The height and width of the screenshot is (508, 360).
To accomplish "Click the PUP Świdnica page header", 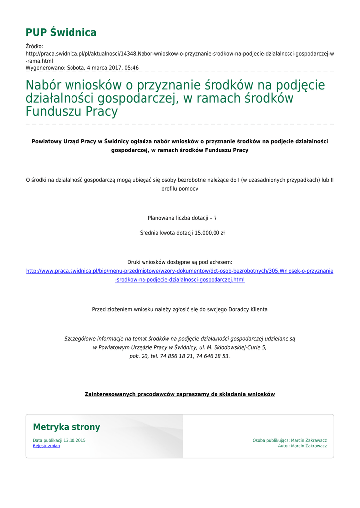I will tap(61, 33).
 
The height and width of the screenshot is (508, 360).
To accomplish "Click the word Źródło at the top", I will tap(34, 46).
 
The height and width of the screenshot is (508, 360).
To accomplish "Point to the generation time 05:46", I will tap(130, 68).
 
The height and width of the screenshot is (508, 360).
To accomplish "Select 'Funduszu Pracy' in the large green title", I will tap(72, 111).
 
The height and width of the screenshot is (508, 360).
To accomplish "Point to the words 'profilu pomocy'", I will tap(180, 189).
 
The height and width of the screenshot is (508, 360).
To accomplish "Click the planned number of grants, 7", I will tap(215, 218).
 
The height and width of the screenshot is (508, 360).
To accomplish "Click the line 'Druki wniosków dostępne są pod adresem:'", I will tap(180, 262).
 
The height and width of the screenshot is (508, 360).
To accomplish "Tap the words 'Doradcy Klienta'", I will tap(248, 309).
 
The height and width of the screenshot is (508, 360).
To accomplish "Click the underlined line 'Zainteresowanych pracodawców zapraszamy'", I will tap(180, 394).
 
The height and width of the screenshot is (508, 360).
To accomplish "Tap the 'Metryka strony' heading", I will tap(67, 427).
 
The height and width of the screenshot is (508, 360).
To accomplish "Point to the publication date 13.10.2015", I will tap(74, 440).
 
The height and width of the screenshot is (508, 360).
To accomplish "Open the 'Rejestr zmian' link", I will tap(46, 446).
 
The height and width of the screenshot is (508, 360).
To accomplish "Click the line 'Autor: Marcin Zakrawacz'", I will tap(302, 446).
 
